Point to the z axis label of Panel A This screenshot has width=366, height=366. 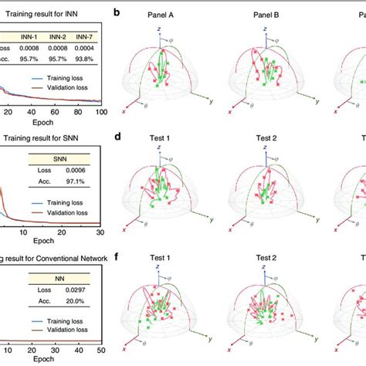point(158,27)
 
